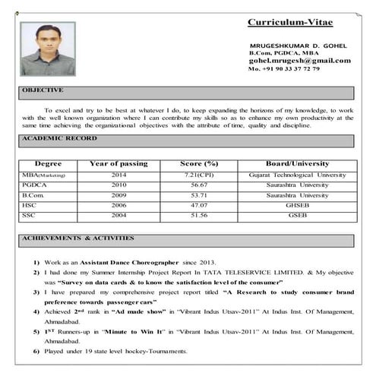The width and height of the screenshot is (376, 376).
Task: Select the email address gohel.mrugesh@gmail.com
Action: [x=300, y=61]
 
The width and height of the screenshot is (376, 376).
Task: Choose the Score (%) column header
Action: [x=199, y=163]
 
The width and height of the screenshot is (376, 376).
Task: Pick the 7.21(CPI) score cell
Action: [x=200, y=175]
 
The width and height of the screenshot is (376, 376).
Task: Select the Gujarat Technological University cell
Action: [x=298, y=175]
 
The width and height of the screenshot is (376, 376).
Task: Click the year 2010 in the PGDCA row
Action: [x=118, y=185]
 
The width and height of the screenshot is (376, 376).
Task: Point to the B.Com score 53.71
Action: [x=200, y=195]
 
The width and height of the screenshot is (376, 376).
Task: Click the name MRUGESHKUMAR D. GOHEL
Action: [x=298, y=46]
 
